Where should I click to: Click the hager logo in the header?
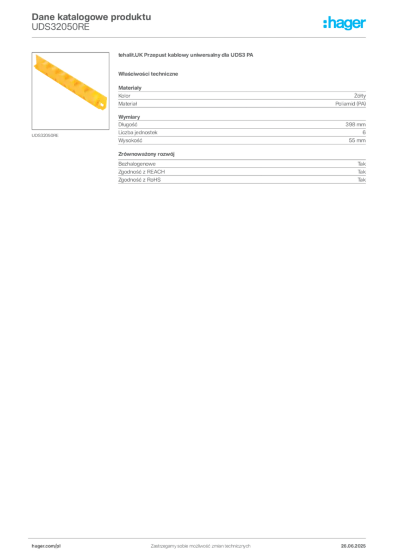344,23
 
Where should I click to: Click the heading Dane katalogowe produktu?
91,17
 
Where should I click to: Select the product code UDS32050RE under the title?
60,27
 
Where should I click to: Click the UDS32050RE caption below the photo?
45,135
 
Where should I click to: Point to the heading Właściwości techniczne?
148,74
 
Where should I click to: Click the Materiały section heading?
130,88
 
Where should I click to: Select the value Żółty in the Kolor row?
360,96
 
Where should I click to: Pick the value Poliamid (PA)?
350,104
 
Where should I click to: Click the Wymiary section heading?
129,117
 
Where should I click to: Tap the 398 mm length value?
355,125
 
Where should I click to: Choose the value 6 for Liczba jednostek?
364,132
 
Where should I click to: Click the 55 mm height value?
357,140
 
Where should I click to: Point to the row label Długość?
127,125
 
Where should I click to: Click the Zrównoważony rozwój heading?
146,154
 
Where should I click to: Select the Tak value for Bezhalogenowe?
362,164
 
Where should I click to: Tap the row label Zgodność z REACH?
141,171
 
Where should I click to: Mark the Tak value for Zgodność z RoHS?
362,180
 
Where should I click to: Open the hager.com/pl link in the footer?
46,546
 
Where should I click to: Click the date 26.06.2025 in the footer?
353,546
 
